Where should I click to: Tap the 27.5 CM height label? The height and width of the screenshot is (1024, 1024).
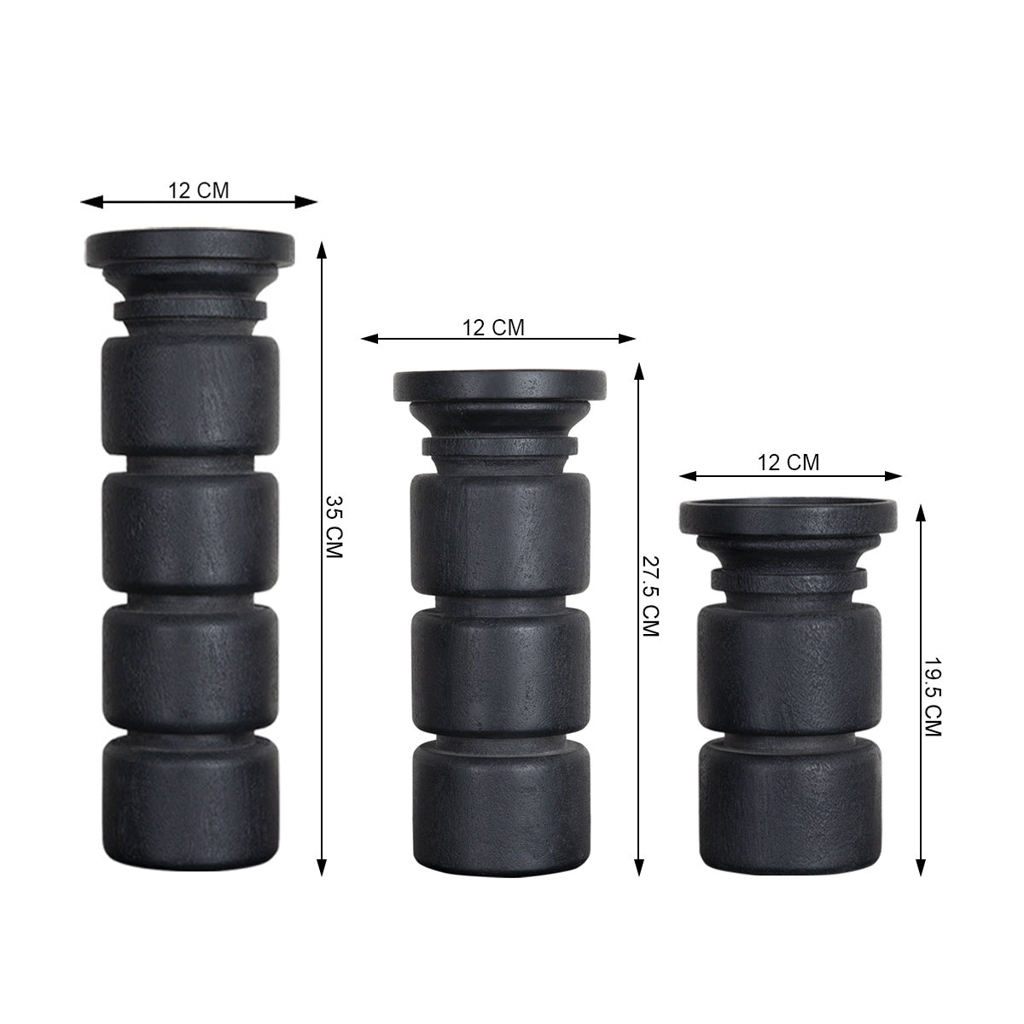[x=650, y=596]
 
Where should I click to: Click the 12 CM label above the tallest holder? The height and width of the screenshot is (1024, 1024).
[x=198, y=189]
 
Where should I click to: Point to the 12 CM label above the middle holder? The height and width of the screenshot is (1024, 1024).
[x=493, y=327]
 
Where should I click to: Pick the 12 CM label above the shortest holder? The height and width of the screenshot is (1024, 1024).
[x=788, y=463]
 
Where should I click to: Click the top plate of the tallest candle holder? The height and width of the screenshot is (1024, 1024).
[x=189, y=247]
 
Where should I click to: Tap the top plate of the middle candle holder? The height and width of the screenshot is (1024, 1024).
[x=499, y=385]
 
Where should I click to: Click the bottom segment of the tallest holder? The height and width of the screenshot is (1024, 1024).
[x=189, y=798]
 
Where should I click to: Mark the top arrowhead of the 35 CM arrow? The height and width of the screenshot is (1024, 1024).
[x=322, y=248]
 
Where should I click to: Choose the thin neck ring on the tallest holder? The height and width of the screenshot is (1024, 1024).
[x=189, y=308]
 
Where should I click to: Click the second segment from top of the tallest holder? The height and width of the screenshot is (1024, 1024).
[x=189, y=523]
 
